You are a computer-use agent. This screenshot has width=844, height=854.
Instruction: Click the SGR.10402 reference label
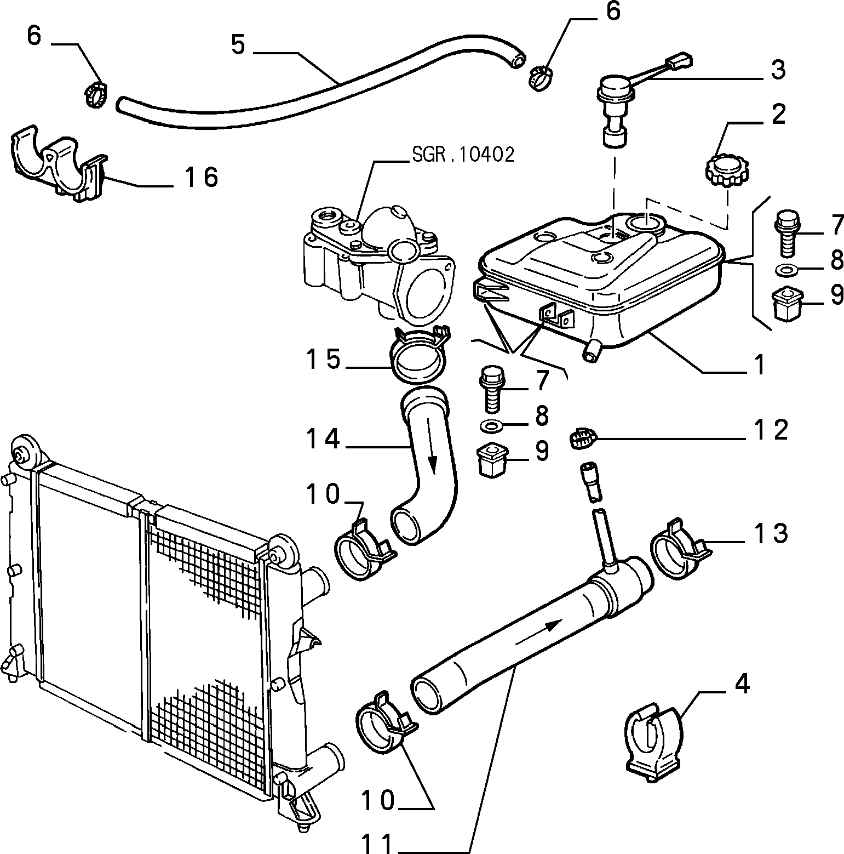[x=463, y=155]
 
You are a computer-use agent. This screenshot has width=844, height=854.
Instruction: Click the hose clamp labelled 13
[x=681, y=549]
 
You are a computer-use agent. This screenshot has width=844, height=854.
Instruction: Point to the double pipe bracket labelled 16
[x=58, y=163]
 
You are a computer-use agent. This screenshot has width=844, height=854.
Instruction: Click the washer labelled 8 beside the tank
[x=787, y=270]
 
